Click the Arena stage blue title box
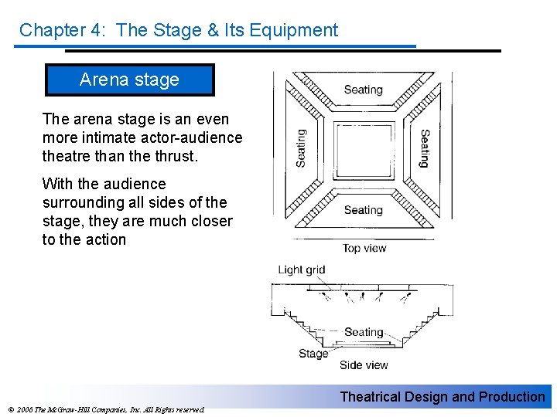click(x=130, y=80)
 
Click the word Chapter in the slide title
click(x=53, y=30)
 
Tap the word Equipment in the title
click(x=294, y=30)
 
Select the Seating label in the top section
click(x=364, y=90)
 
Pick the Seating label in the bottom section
click(x=364, y=210)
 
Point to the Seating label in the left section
click(x=301, y=148)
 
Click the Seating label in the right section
click(x=425, y=148)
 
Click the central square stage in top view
click(x=364, y=151)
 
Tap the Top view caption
click(x=364, y=248)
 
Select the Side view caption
click(x=364, y=364)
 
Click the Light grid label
click(x=301, y=270)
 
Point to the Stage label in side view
click(x=313, y=354)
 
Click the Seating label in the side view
click(x=364, y=332)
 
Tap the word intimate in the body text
click(x=103, y=137)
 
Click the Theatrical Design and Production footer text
click(x=443, y=397)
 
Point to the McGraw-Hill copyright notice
click(x=106, y=410)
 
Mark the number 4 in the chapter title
click(x=96, y=30)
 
